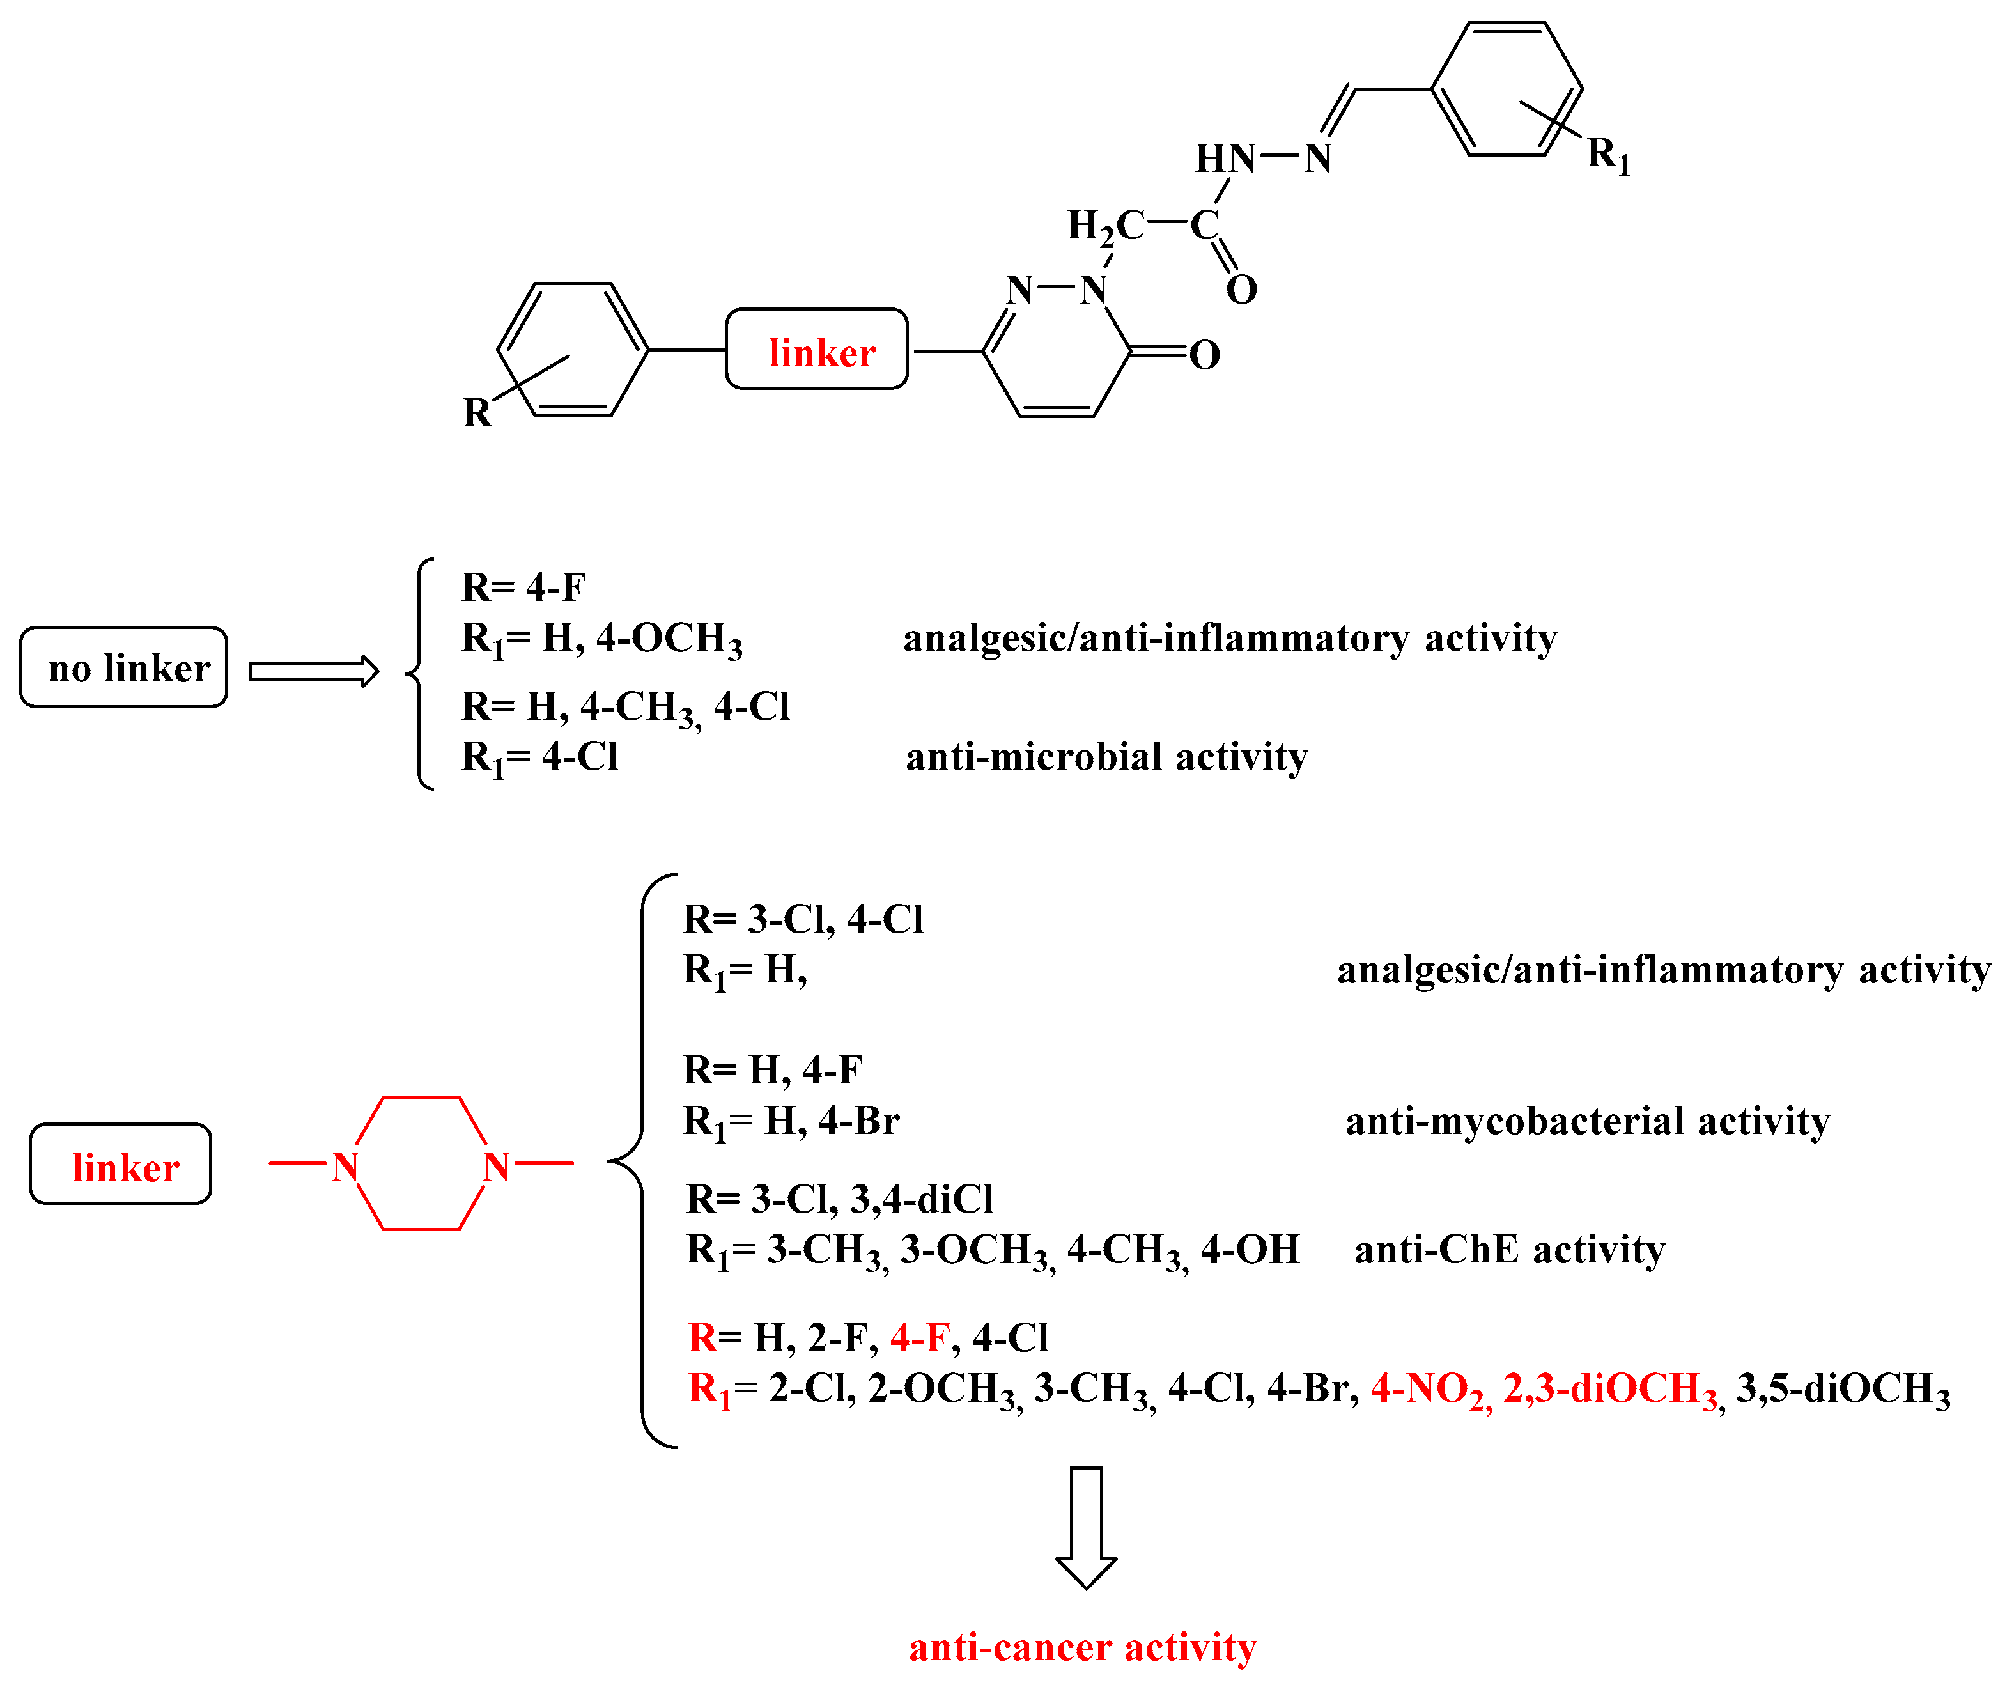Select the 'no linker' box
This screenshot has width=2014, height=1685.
click(x=124, y=667)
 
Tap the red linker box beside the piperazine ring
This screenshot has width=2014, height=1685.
click(x=121, y=1164)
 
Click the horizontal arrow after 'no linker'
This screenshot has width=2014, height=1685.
click(x=314, y=671)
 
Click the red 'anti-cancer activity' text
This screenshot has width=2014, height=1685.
click(x=1082, y=1647)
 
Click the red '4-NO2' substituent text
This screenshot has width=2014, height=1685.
click(x=1430, y=1388)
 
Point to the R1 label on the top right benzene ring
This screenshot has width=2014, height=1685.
click(x=1608, y=153)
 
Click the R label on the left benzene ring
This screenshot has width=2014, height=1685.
click(x=477, y=412)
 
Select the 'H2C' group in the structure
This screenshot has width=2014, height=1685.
click(x=1105, y=226)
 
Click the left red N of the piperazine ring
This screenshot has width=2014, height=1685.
click(x=345, y=1166)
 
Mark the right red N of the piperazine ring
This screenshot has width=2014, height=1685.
click(x=496, y=1166)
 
